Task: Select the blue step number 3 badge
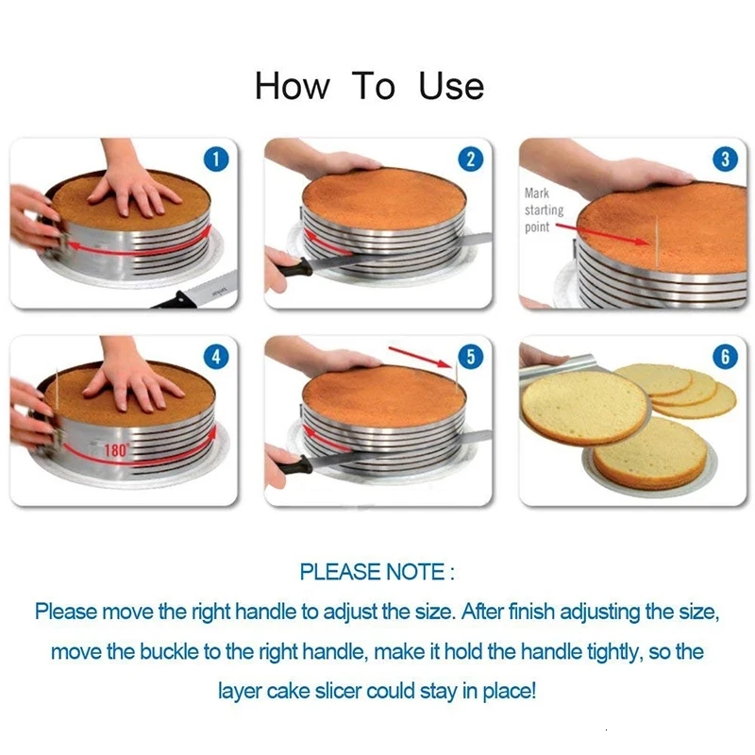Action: click(725, 159)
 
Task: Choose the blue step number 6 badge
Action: click(725, 358)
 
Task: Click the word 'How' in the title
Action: click(293, 86)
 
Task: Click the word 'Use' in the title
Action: click(451, 86)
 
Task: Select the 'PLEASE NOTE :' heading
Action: click(377, 572)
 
